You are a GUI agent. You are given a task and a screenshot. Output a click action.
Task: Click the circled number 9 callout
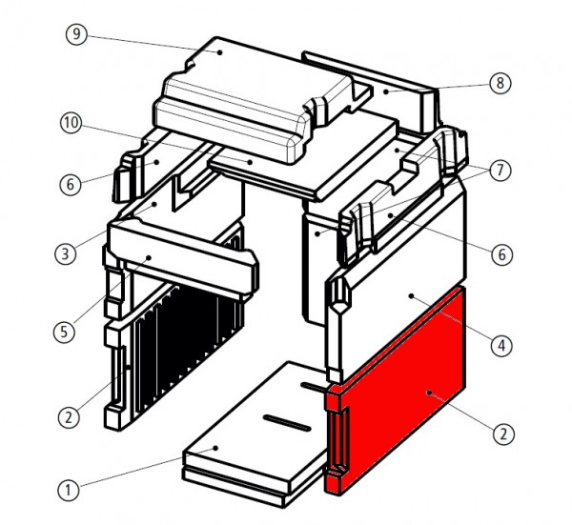click(78, 35)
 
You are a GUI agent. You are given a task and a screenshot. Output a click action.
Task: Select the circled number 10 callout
click(71, 124)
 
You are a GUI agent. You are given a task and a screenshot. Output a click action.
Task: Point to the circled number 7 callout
click(502, 172)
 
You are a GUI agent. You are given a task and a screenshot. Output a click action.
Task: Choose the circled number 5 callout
click(62, 333)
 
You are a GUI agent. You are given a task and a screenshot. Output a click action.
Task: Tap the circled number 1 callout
click(68, 491)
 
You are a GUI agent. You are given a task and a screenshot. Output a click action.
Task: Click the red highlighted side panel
click(400, 400)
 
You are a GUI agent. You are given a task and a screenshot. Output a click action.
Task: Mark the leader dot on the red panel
click(430, 391)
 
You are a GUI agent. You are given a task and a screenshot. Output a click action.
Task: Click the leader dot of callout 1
click(217, 447)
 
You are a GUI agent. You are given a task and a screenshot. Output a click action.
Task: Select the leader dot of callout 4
click(412, 297)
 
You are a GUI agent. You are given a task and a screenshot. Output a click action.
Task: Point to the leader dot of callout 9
click(219, 52)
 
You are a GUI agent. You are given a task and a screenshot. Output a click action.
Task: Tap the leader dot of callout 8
click(388, 92)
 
